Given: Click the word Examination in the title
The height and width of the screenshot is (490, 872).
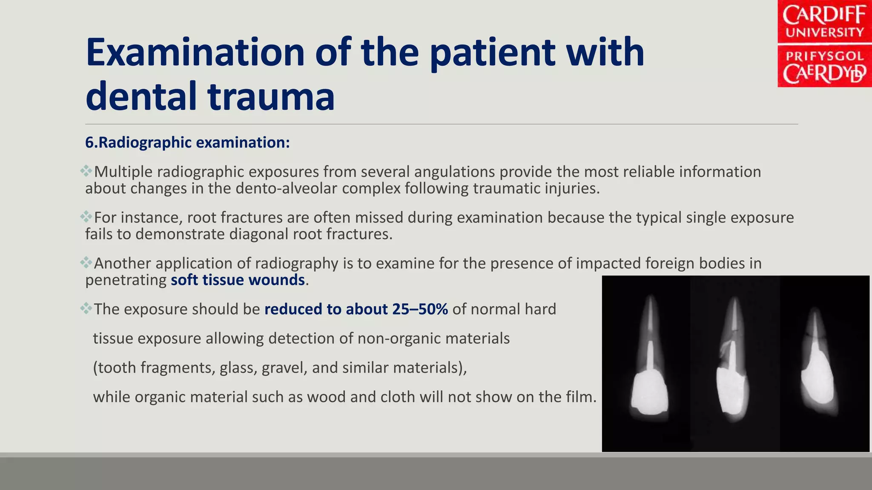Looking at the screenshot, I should [195, 53].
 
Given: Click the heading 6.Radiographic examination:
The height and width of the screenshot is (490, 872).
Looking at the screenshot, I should [187, 142].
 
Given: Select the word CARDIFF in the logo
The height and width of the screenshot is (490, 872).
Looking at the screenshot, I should [824, 15].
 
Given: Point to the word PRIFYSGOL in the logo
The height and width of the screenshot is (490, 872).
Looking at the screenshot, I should [824, 56].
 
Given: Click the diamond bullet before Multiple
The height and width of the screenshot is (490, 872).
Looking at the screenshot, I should [86, 171].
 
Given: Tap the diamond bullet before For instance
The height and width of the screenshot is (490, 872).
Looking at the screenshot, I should [86, 217].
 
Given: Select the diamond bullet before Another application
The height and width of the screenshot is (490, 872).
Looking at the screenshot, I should [86, 263].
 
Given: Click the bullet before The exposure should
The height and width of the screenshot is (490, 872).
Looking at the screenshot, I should [86, 308].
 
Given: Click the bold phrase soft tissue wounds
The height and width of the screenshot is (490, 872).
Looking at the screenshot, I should [238, 280].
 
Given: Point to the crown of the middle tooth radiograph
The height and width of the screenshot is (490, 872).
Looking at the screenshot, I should [731, 389].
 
